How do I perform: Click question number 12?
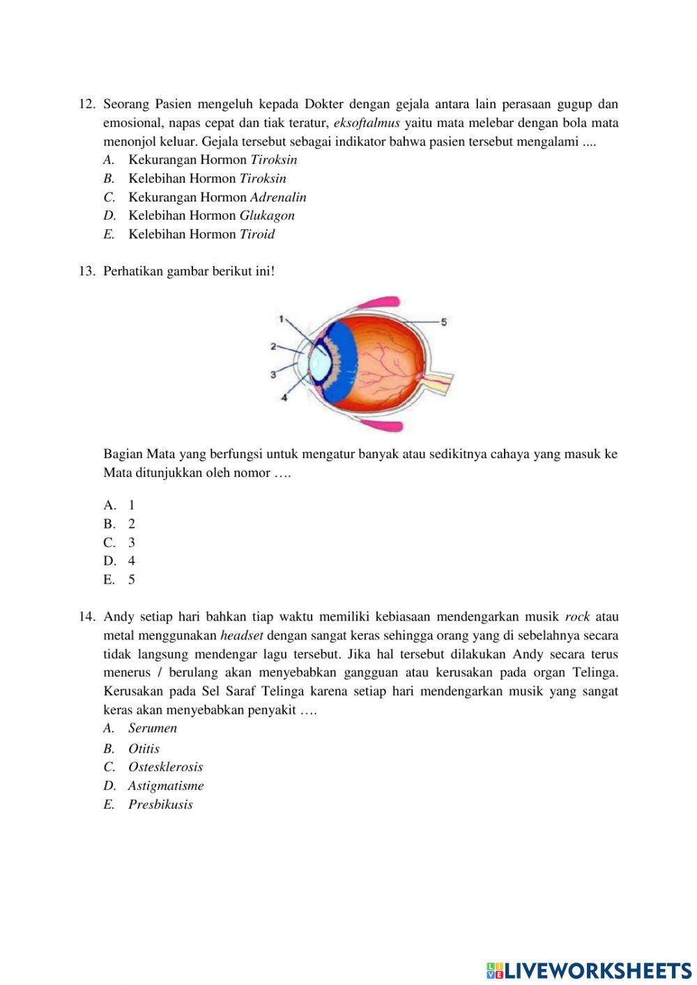pos(86,105)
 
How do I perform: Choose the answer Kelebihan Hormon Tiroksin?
pos(206,178)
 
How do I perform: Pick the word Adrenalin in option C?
pos(278,197)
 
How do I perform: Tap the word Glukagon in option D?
pos(267,215)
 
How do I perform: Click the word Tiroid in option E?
pos(257,234)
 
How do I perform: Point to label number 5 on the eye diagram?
pos(443,321)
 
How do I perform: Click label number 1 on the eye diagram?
pos(281,319)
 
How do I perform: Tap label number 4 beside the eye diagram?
pos(284,397)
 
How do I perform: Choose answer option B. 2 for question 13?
pos(119,524)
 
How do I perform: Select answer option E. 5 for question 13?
pos(119,580)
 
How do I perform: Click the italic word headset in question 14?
pos(241,636)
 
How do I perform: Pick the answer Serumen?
pos(152,728)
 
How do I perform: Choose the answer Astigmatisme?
pos(165,786)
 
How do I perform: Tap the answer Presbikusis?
pos(160,804)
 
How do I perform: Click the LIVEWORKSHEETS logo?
pos(589,970)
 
